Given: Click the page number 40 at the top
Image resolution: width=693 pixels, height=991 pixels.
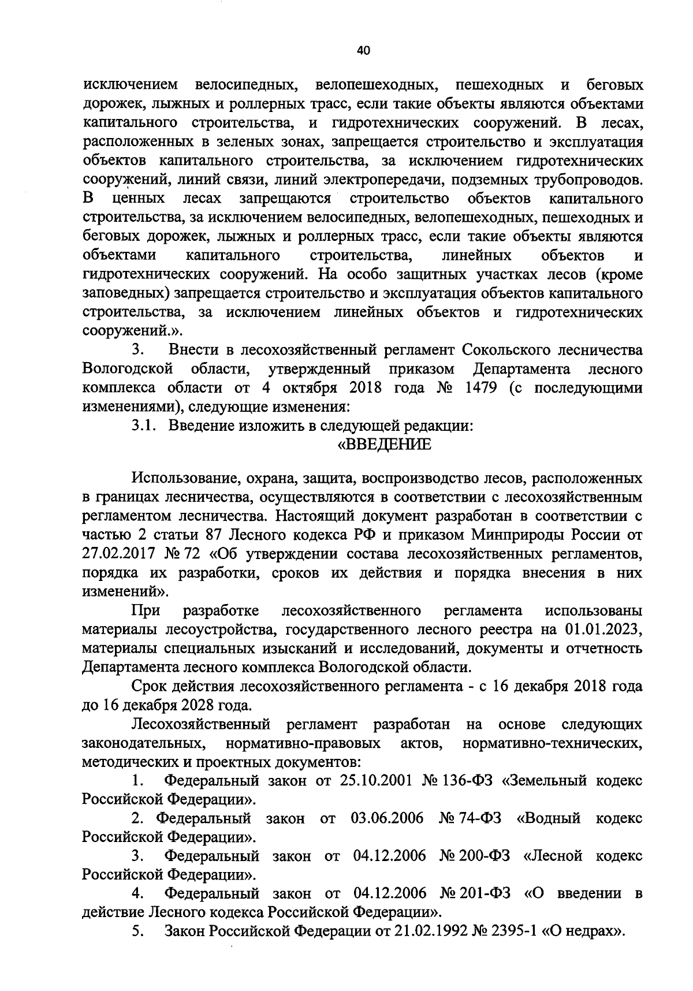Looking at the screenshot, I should [363, 50].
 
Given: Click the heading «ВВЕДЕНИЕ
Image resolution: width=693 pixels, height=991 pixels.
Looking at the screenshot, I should [384, 445].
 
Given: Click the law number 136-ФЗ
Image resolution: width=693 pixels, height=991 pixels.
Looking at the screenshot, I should [467, 781].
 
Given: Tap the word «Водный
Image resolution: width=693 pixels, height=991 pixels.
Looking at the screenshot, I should [549, 818].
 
